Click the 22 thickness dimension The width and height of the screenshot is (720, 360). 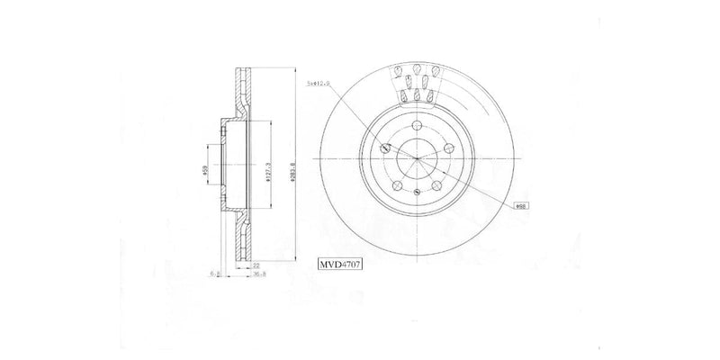[256, 265]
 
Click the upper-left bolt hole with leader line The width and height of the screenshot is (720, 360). [385, 148]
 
